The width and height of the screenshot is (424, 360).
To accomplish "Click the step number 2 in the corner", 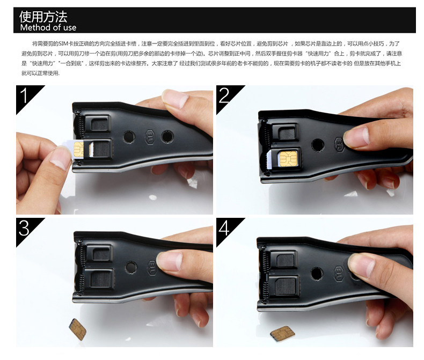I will tap(225, 95).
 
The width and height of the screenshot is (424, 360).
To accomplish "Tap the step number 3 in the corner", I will tap(24, 229).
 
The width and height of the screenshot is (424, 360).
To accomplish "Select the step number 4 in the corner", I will tap(225, 229).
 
